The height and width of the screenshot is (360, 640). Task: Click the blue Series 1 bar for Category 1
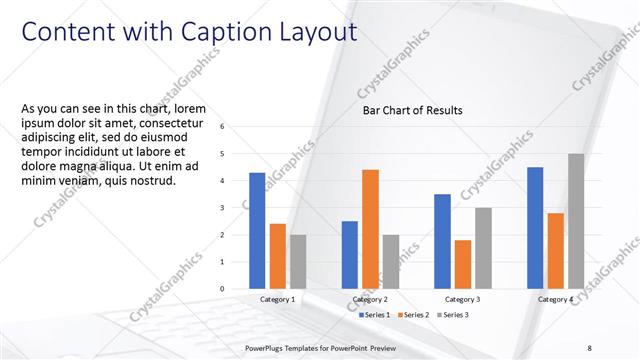(257, 231)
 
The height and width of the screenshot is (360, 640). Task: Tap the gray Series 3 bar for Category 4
(576, 221)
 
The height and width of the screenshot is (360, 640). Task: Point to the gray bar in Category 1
(298, 262)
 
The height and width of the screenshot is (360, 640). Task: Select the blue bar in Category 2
(350, 255)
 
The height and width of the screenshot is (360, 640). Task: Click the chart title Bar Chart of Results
(412, 110)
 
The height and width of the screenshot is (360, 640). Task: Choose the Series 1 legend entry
(376, 315)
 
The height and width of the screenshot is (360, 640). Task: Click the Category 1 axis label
(277, 299)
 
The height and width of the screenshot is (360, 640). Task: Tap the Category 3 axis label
(462, 299)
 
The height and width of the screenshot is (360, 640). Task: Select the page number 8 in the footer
(590, 347)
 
